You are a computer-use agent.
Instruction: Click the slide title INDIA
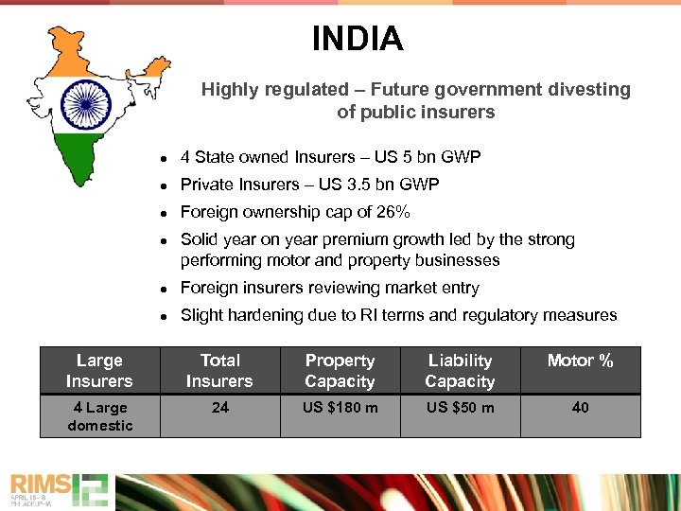point(358,39)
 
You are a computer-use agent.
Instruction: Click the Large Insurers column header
point(99,371)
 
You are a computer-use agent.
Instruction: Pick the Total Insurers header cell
point(219,371)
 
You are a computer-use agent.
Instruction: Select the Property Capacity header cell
point(340,371)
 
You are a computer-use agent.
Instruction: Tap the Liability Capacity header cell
point(460,371)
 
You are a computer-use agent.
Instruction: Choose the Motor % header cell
point(580,361)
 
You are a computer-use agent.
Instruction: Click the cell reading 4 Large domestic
point(99,416)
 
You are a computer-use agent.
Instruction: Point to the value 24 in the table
point(219,407)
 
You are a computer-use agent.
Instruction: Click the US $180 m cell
point(340,407)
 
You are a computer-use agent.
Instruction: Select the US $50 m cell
point(460,407)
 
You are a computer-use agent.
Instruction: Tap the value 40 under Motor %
point(580,407)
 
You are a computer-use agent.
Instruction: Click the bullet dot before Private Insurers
point(164,185)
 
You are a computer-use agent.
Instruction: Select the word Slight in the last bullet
point(201,315)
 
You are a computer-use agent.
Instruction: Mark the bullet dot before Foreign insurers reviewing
point(164,289)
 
